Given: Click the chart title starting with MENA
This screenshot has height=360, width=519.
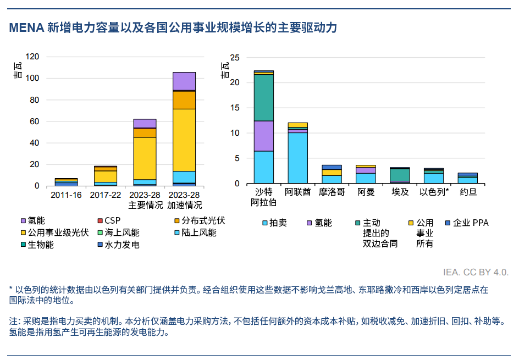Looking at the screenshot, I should [173, 28].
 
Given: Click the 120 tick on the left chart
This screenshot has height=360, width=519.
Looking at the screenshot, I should [32, 57].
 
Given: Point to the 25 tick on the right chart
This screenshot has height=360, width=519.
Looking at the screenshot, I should [235, 57].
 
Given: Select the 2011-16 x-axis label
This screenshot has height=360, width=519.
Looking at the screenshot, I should [67, 195].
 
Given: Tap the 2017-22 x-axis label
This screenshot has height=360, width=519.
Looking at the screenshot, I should [106, 195].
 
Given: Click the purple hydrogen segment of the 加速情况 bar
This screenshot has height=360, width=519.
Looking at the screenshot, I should [184, 81].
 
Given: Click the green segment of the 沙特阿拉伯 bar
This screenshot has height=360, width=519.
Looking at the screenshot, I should [264, 97].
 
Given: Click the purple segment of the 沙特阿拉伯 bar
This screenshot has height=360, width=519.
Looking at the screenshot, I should [264, 136].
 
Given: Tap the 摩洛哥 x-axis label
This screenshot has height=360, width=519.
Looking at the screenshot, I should [332, 192].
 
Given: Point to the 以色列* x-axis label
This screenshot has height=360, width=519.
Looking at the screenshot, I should [434, 192].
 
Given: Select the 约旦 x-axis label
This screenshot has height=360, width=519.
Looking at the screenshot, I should [468, 192].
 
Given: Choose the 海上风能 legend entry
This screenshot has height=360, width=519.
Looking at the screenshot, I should [118, 232].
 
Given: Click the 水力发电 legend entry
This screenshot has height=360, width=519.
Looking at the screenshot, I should [118, 245].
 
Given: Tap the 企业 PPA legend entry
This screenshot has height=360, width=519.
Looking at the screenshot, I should [467, 223].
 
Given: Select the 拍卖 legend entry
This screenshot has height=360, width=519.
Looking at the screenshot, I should [274, 223].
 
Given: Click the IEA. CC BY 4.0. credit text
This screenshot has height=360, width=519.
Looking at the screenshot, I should [476, 272].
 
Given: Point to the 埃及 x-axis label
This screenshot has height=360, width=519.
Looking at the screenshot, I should [400, 192].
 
